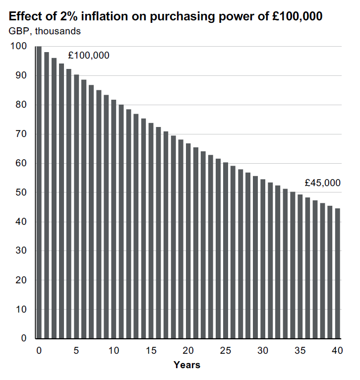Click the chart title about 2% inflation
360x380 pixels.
(x=166, y=16)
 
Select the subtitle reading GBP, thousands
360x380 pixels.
(x=45, y=31)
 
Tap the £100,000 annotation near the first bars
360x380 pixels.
(x=89, y=56)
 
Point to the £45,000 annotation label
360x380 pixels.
(x=322, y=183)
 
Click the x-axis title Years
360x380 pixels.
(x=187, y=365)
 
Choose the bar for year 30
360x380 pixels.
(x=263, y=258)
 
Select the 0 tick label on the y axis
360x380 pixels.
(x=22, y=339)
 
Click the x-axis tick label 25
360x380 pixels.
(x=226, y=351)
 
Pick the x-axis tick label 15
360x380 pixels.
(x=151, y=351)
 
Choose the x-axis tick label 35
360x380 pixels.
(x=300, y=351)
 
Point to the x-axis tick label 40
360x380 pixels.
(x=337, y=351)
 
